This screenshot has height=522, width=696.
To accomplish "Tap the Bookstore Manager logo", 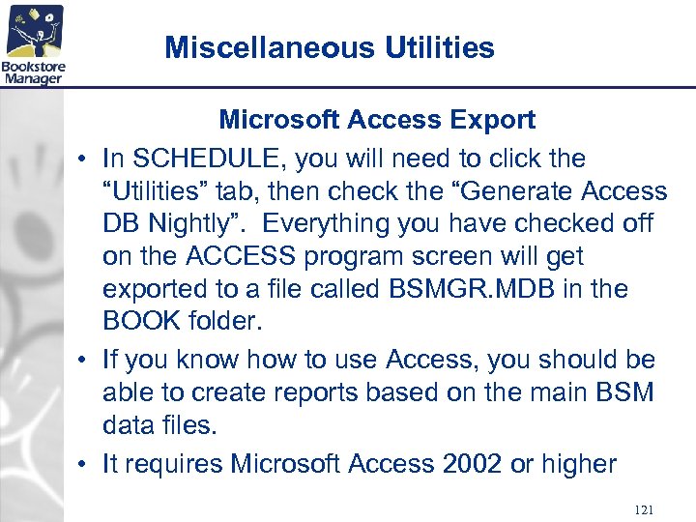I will click(x=33, y=43).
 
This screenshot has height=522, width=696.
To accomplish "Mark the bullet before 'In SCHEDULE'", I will click(x=85, y=159).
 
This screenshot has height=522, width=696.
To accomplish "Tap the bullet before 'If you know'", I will click(x=85, y=361).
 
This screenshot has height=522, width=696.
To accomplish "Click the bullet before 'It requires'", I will click(x=85, y=464).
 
